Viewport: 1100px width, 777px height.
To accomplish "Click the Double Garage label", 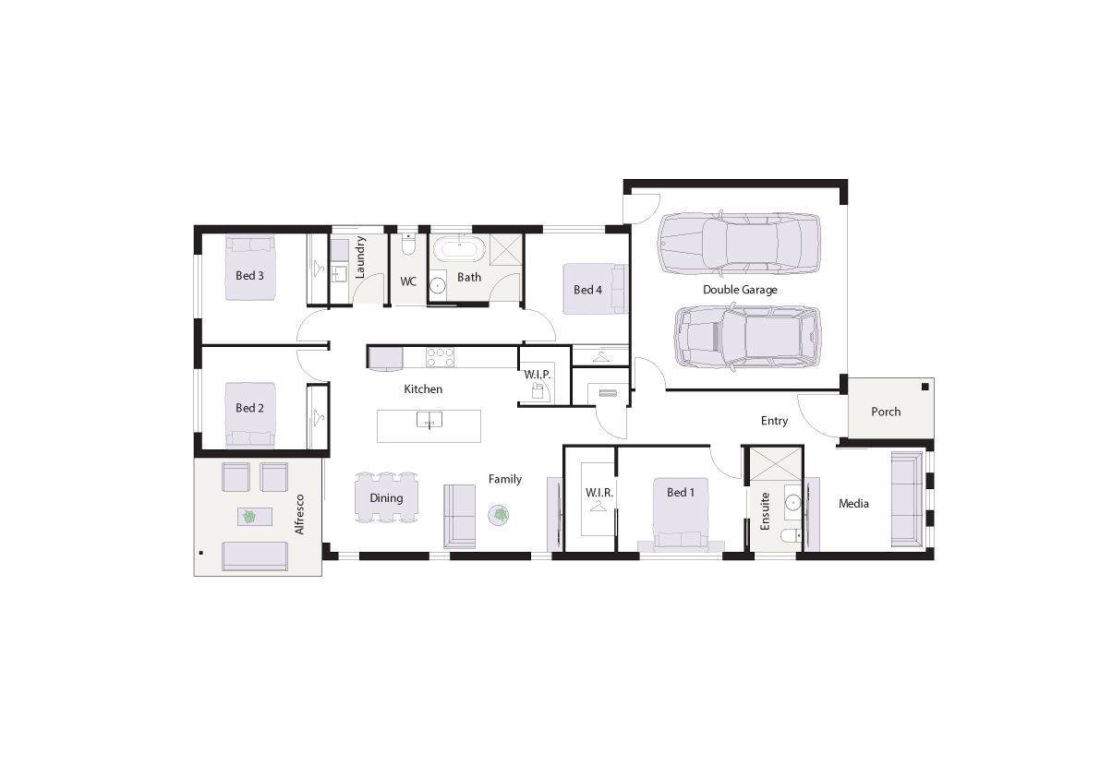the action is [740, 290].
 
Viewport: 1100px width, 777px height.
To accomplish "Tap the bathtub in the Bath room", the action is [459, 248].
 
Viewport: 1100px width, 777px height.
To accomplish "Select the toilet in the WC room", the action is [408, 245].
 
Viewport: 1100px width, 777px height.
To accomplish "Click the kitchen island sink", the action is [429, 420].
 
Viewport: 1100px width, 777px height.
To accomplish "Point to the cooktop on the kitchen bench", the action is [440, 356].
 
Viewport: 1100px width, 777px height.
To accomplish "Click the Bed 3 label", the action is [249, 275].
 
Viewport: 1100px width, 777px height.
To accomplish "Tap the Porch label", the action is [886, 412].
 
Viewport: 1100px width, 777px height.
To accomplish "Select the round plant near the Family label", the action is [499, 515].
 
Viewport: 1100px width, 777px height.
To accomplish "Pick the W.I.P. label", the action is [538, 375].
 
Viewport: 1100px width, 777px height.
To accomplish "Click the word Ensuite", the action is [766, 510].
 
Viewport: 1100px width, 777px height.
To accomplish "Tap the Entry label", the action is [775, 421].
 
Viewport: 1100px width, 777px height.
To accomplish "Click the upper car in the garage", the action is [739, 243].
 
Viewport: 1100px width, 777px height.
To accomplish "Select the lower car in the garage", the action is [747, 338].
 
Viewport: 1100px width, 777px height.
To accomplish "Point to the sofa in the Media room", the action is [907, 499].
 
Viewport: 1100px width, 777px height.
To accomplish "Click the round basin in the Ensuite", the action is [792, 502].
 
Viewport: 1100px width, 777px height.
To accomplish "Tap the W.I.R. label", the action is [599, 493].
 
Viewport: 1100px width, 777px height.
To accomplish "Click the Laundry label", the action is [360, 257].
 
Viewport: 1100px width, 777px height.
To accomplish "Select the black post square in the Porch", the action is [925, 387].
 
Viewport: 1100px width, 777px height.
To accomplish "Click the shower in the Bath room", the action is [506, 250].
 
